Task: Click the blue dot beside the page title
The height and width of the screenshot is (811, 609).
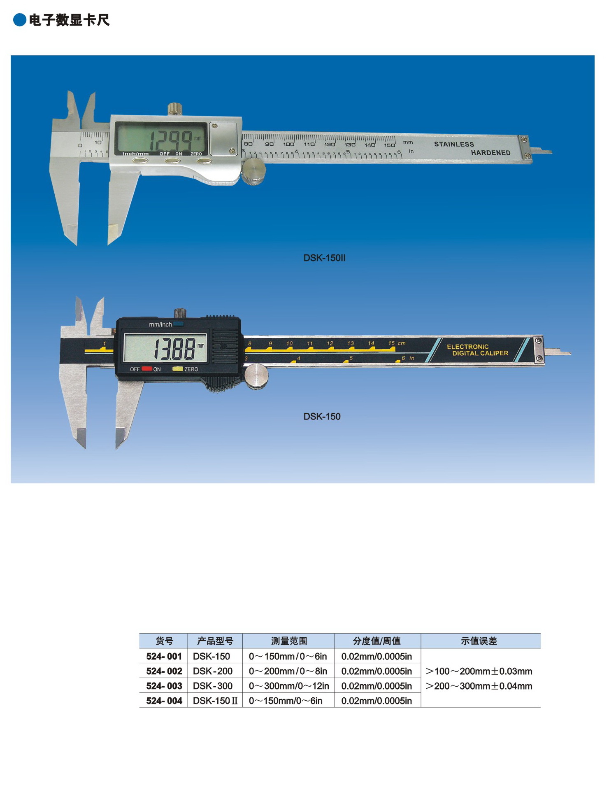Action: pos(19,20)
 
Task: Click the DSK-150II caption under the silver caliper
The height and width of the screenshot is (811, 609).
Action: pos(324,258)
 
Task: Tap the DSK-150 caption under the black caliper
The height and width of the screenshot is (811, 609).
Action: pos(322,417)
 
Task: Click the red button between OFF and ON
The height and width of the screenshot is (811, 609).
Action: pos(146,369)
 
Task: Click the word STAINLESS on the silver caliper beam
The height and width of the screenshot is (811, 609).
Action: pos(454,144)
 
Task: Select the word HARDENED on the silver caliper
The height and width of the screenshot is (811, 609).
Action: pos(490,153)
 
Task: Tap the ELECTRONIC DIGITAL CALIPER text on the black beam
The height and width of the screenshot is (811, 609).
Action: pos(477,350)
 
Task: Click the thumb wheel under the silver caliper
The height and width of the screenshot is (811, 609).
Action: pos(253,172)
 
